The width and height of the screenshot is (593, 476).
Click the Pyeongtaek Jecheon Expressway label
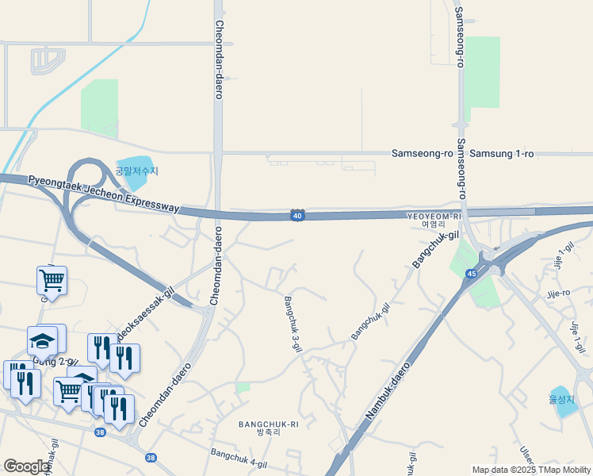click(104, 194)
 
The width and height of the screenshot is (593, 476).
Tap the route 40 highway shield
click(296, 215)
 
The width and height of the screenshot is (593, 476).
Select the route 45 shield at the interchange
click(471, 274)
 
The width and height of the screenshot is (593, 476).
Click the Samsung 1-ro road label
click(502, 153)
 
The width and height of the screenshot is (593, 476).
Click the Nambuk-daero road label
click(391, 392)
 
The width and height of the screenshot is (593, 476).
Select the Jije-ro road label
click(558, 294)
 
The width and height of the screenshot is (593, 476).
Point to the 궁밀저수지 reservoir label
click(136, 171)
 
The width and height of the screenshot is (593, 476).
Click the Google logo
click(27, 466)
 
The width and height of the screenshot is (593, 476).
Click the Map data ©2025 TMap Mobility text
click(531, 470)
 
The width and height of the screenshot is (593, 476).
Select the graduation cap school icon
click(43, 342)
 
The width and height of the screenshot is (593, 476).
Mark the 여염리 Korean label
click(434, 225)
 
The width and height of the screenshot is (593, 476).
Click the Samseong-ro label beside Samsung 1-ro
click(423, 153)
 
